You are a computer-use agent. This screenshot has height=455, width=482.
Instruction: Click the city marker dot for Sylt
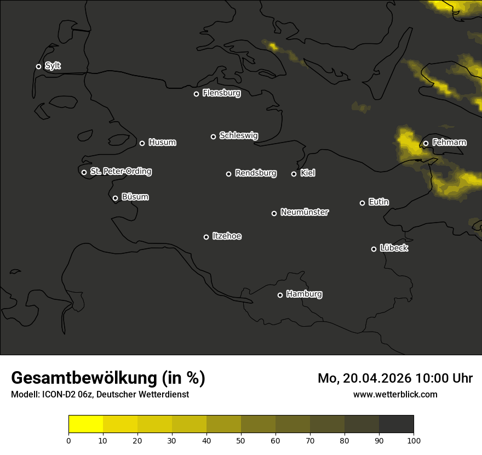tap(38, 66)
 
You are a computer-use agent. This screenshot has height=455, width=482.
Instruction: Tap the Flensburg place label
tap(221, 93)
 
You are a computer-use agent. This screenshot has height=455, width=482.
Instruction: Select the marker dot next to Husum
tap(142, 143)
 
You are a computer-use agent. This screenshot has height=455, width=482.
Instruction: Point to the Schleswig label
tap(238, 135)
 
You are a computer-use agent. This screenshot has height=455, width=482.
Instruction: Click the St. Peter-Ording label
tap(120, 172)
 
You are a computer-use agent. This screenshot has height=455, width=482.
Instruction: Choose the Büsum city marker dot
tap(115, 198)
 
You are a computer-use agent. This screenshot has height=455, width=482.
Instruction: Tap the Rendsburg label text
tap(255, 173)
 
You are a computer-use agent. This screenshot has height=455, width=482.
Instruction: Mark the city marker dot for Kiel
tap(294, 174)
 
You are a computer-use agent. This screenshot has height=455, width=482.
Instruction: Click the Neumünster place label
tap(304, 212)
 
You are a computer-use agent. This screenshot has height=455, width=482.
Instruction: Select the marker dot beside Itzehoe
tap(206, 237)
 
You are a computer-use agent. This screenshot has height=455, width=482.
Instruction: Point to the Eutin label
tap(378, 202)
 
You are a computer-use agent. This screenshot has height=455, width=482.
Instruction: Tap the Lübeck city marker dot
tap(374, 249)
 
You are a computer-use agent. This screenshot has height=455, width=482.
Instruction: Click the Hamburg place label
tap(304, 294)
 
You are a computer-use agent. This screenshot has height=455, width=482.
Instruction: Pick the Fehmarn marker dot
tap(426, 144)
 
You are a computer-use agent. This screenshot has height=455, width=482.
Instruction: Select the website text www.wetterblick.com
tap(395, 394)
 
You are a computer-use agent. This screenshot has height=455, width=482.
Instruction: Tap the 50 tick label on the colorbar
tap(241, 440)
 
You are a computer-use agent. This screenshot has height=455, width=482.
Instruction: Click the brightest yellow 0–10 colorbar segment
tap(85, 424)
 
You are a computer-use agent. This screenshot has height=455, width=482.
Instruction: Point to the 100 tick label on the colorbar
tap(414, 440)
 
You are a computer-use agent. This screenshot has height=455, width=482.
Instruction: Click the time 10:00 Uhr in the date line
tap(444, 378)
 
